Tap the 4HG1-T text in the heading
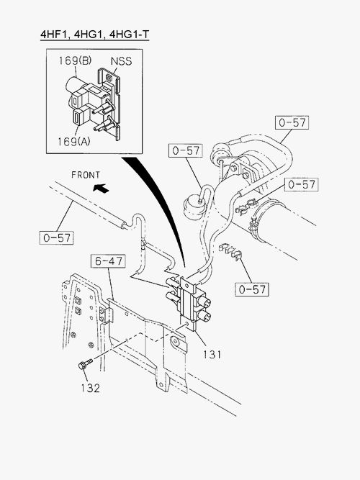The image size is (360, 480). tap(129, 34)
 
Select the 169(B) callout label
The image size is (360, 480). tap(75, 60)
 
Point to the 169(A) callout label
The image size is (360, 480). tap(74, 141)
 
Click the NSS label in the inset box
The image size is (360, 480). tap(121, 61)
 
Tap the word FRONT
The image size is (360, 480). tap(86, 175)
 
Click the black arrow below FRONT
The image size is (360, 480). tap(101, 189)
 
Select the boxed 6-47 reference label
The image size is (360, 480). tap(109, 261)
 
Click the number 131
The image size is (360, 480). tap(212, 354)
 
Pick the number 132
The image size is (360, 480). tap(91, 388)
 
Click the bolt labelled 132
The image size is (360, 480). tap(85, 364)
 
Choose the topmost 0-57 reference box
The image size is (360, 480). tap(292, 122)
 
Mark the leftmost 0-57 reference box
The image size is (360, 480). tap(56, 237)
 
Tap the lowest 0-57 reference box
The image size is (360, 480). tap(252, 289)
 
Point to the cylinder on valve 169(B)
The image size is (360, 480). tap(74, 84)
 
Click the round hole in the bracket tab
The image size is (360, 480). tap(175, 341)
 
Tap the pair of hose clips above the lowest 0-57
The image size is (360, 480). tap(230, 252)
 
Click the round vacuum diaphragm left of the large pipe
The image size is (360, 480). tap(193, 207)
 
